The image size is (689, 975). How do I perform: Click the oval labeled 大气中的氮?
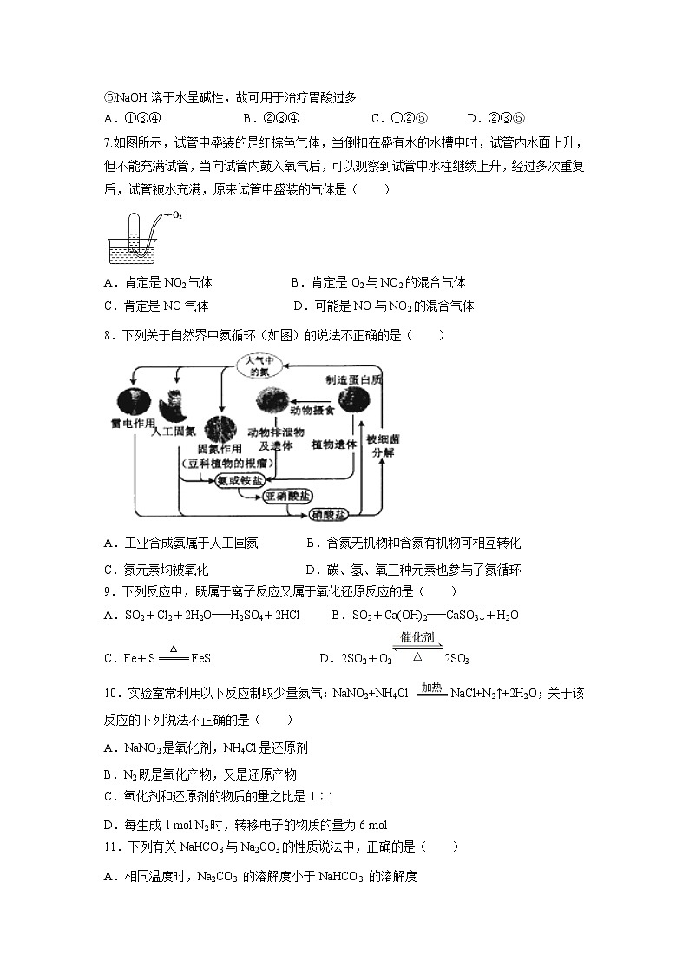click(259, 366)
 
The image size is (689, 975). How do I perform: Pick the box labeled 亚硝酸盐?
click(287, 497)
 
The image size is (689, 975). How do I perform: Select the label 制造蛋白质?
click(354, 379)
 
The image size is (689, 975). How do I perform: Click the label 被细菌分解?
click(382, 445)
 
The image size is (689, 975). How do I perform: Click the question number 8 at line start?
click(108, 335)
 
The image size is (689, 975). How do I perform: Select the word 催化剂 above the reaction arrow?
click(420, 637)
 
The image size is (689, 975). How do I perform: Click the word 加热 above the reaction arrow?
click(431, 687)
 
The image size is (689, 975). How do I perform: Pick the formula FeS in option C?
click(201, 659)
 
